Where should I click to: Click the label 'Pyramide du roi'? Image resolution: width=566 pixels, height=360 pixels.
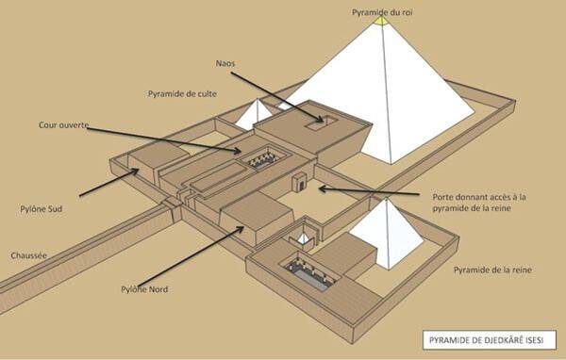382,12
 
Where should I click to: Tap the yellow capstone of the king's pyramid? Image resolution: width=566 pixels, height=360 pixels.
381,21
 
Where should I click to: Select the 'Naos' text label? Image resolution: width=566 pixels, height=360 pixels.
225,63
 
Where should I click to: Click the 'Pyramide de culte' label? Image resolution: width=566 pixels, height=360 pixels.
182,94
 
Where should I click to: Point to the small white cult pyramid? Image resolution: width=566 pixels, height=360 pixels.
256,115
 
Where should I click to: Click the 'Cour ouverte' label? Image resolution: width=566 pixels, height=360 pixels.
63,124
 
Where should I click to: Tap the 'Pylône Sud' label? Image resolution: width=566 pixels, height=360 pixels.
42,209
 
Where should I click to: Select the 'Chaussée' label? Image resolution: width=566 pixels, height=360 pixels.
29,255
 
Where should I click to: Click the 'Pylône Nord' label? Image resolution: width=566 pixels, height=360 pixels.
144,289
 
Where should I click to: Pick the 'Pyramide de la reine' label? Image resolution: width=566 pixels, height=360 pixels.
492,270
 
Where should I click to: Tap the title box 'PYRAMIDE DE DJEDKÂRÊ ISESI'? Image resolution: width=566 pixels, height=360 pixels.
489,340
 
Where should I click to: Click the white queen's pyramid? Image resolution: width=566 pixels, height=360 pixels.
388,235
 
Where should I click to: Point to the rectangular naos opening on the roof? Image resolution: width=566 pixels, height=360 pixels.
321,122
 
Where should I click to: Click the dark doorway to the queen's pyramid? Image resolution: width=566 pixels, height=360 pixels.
301,186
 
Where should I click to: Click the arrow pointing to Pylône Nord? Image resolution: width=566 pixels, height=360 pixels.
191,256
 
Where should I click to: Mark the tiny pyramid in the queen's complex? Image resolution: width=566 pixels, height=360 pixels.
303,238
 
